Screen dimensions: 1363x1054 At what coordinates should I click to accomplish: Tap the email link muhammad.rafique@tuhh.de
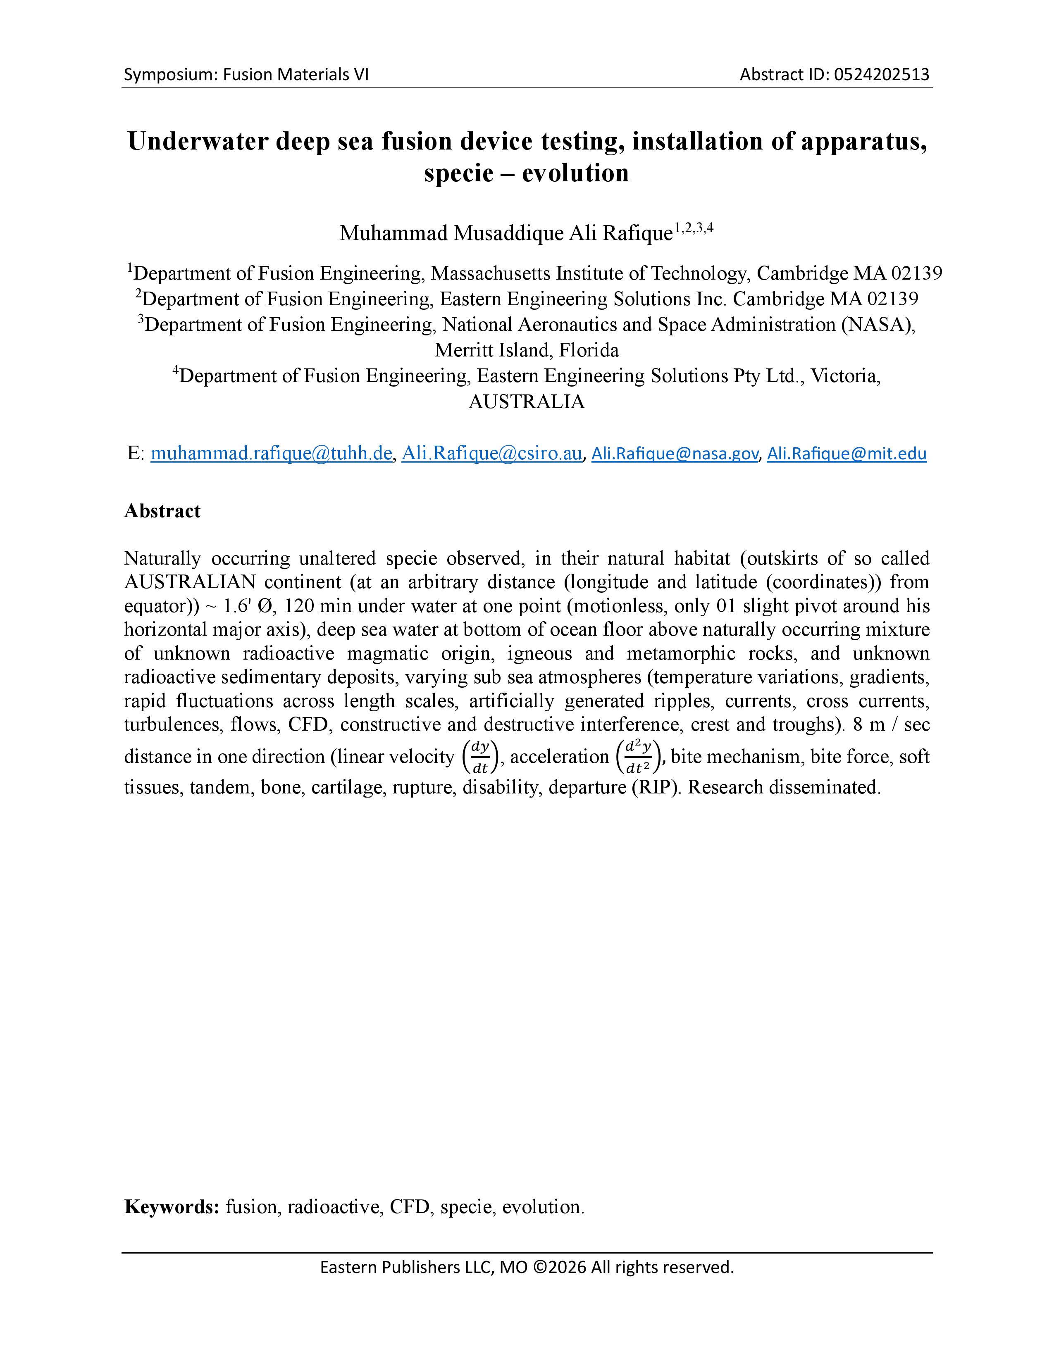(x=271, y=453)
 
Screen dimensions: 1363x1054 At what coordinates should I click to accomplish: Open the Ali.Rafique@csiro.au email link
(x=491, y=453)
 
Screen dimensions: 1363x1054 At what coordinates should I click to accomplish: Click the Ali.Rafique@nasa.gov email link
(x=675, y=454)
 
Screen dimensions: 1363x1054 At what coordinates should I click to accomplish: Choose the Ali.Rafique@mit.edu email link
(x=846, y=454)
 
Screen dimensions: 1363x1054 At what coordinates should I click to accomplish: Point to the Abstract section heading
(x=162, y=511)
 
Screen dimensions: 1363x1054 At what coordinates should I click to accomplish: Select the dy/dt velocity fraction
(x=479, y=756)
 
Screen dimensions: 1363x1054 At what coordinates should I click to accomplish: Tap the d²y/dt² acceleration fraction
(x=638, y=756)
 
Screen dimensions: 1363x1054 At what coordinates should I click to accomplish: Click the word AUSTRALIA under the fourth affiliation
(x=526, y=401)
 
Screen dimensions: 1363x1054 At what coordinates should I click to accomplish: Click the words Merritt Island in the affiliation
(x=492, y=350)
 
